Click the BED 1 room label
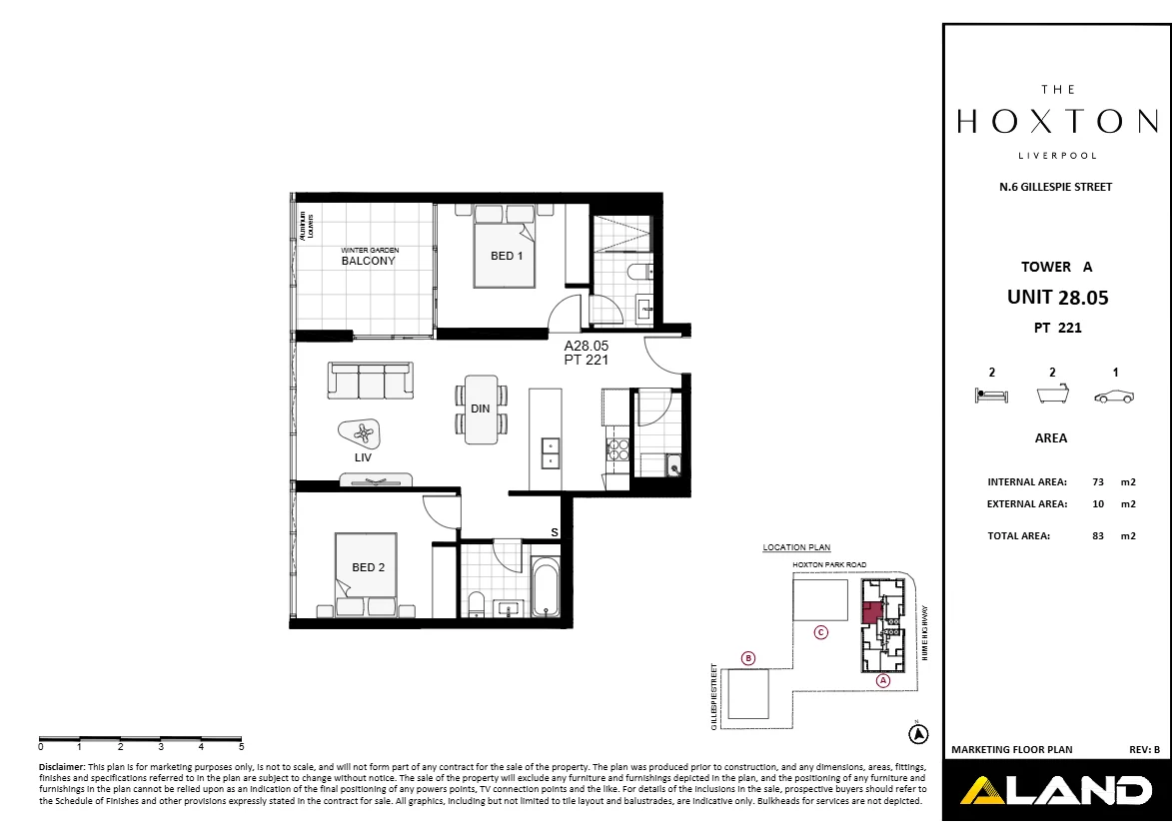pyautogui.click(x=507, y=256)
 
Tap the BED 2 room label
pyautogui.click(x=368, y=567)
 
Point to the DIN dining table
pyautogui.click(x=480, y=409)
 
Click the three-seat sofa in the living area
pyautogui.click(x=370, y=381)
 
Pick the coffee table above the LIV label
pyautogui.click(x=362, y=433)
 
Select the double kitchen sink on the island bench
pyautogui.click(x=549, y=453)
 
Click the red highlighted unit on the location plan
pyautogui.click(x=871, y=612)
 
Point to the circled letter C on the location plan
pyautogui.click(x=820, y=631)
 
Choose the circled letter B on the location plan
pyautogui.click(x=748, y=657)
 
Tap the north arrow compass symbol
pyautogui.click(x=917, y=734)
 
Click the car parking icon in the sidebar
pyautogui.click(x=1114, y=397)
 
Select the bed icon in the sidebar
pyautogui.click(x=991, y=396)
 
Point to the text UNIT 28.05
pyautogui.click(x=1057, y=297)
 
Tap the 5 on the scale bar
pyautogui.click(x=241, y=746)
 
